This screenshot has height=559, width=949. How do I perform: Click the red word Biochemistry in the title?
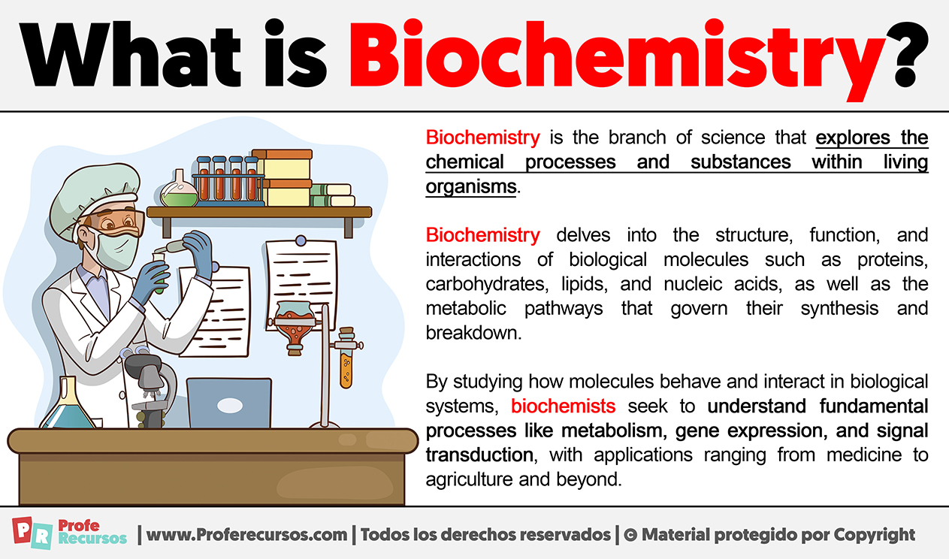tap(617, 59)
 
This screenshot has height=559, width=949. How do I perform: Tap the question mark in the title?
tap(908, 53)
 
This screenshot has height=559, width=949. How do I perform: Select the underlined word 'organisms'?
tap(471, 187)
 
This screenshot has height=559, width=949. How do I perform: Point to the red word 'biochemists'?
tap(563, 406)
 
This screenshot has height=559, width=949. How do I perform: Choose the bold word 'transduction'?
tap(479, 455)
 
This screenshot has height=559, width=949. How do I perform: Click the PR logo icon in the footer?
tap(32, 533)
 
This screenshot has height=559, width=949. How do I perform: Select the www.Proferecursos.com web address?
tap(246, 535)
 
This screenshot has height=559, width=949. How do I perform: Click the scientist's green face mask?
tap(117, 249)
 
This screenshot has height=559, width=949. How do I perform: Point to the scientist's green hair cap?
tap(95, 199)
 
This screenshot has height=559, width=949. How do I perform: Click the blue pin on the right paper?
tap(301, 241)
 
